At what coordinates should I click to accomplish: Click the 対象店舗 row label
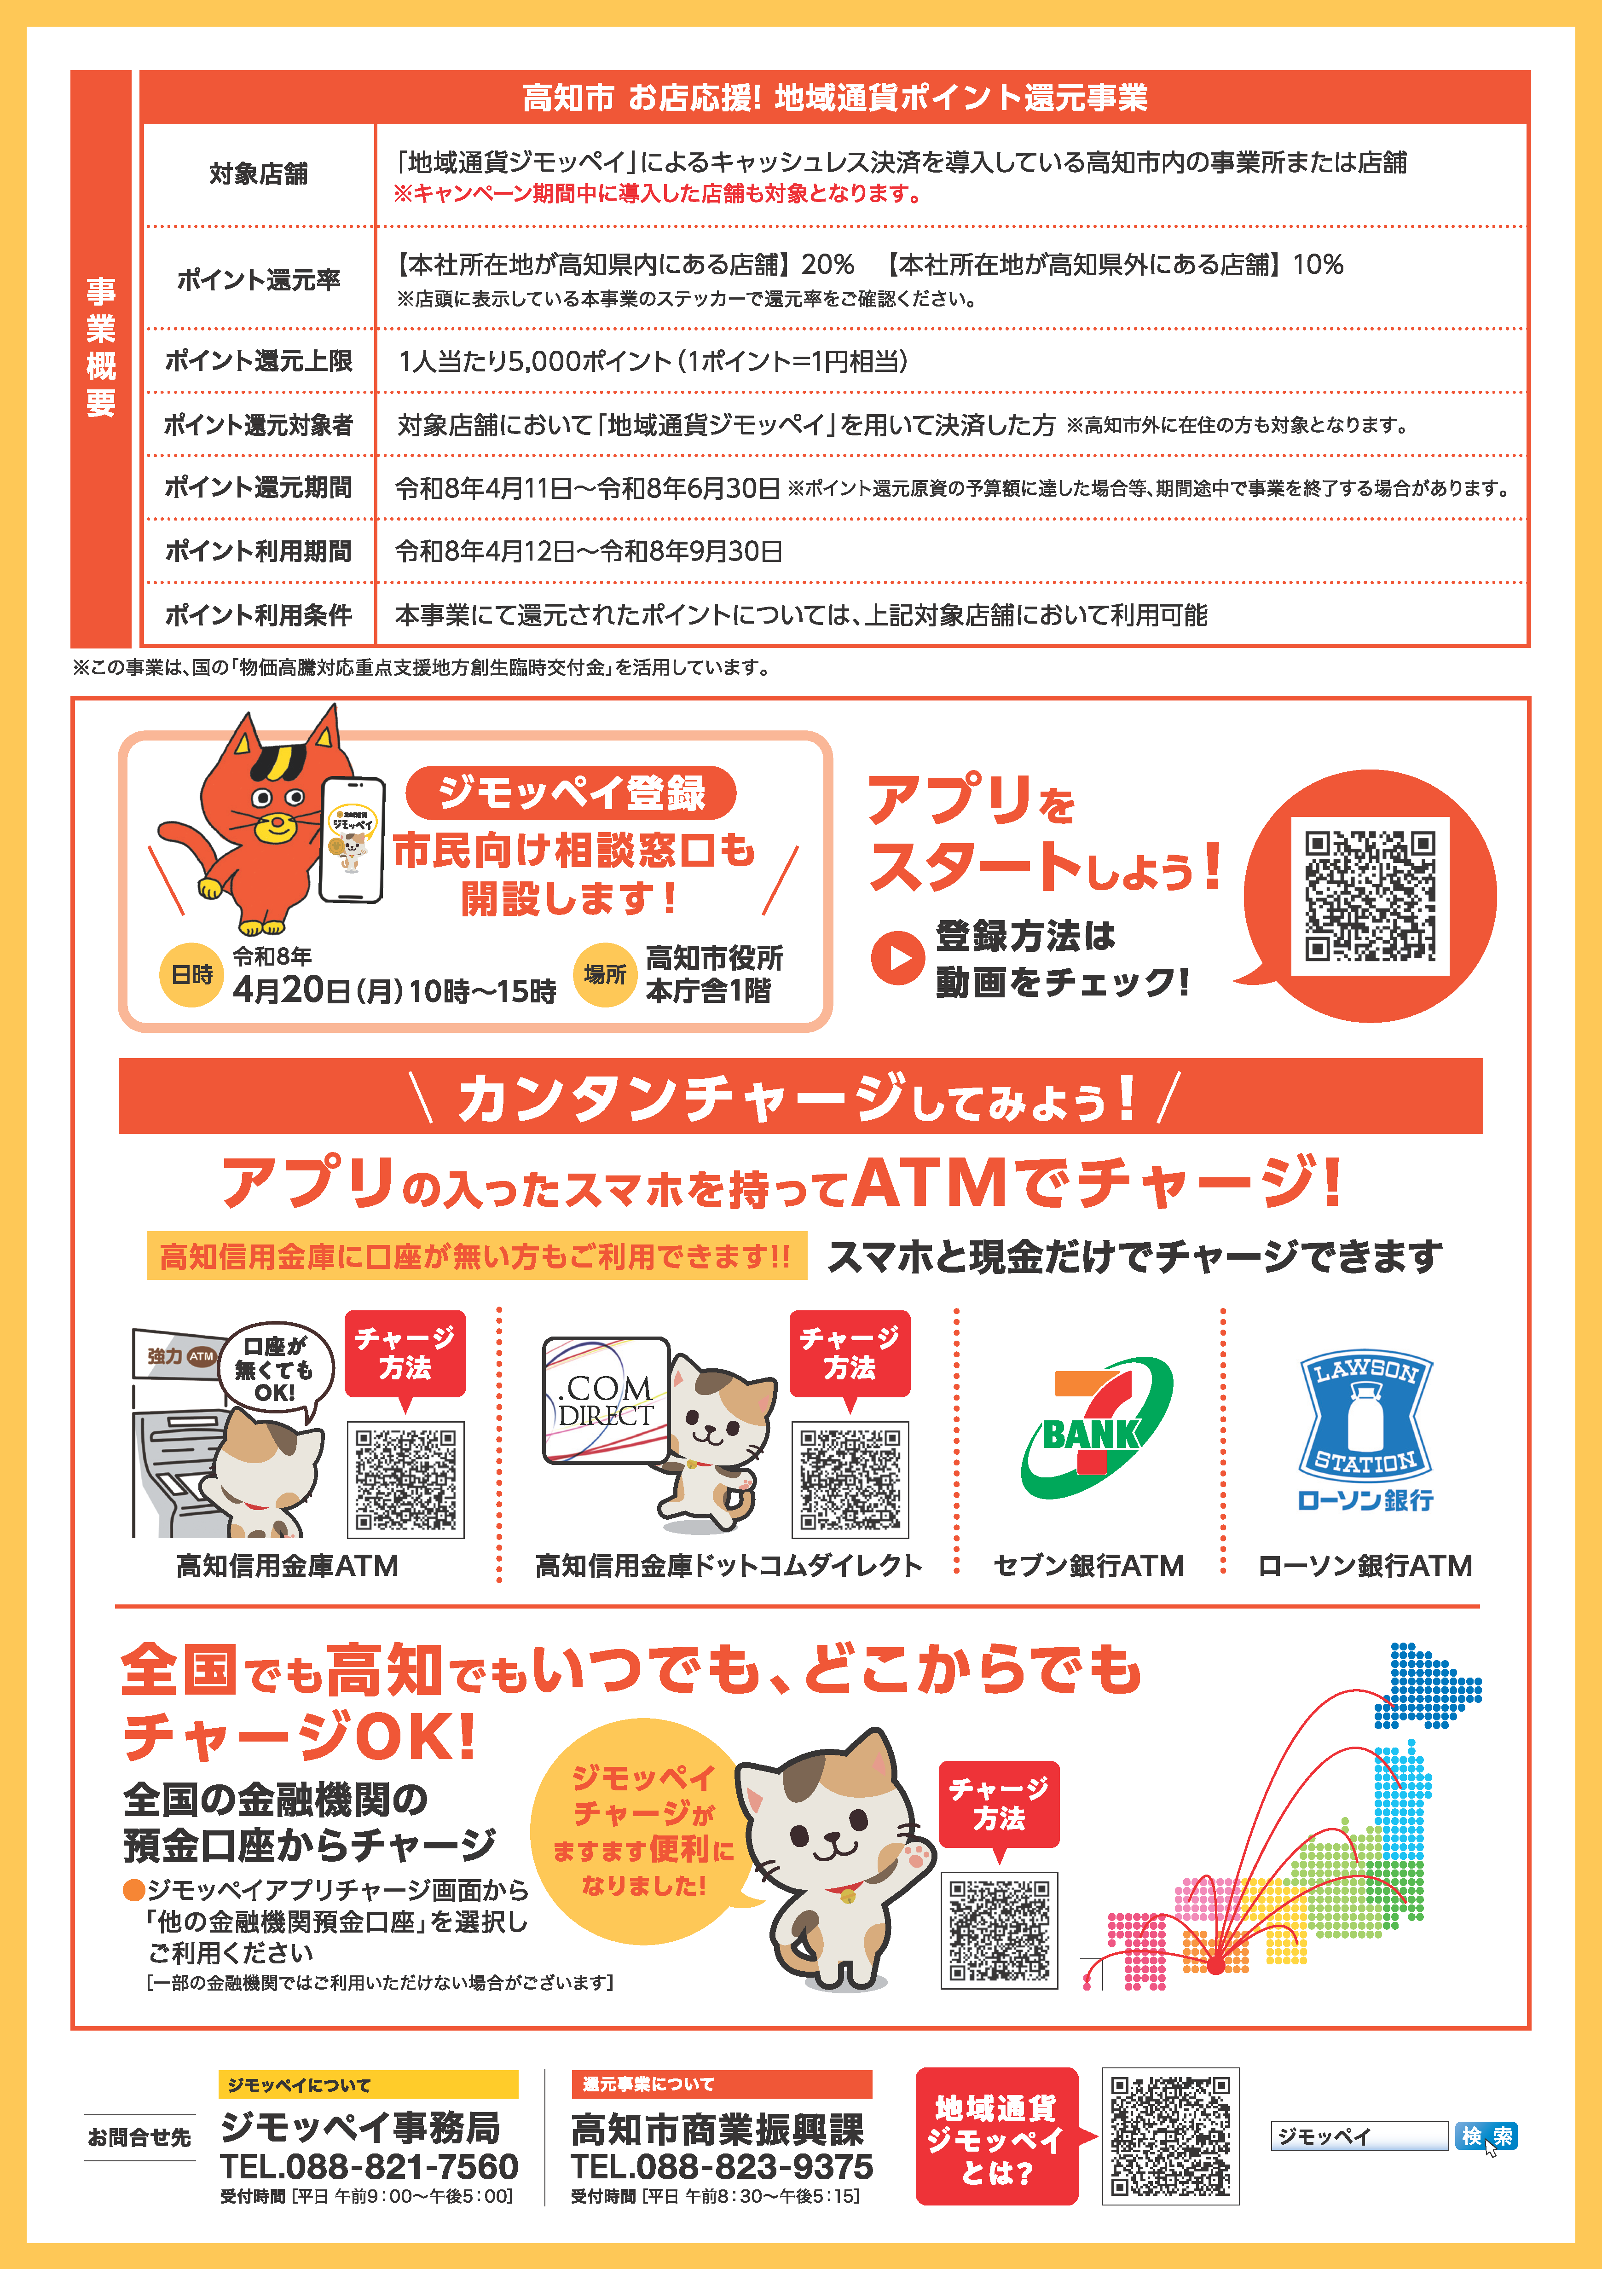pyautogui.click(x=258, y=174)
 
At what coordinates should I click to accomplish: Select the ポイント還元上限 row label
pyautogui.click(x=258, y=361)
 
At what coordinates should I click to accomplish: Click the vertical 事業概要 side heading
pyautogui.click(x=101, y=348)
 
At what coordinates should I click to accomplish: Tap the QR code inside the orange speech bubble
pyautogui.click(x=1370, y=897)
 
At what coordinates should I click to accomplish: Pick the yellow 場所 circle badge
pyautogui.click(x=604, y=974)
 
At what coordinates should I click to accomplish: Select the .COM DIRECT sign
pyautogui.click(x=605, y=1401)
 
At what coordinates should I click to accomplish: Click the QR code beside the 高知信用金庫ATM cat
pyautogui.click(x=405, y=1479)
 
